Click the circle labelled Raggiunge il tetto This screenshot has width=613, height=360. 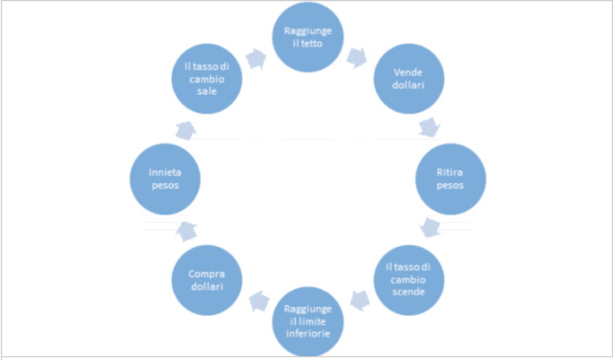[308, 37]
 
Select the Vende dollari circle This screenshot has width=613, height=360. [409, 79]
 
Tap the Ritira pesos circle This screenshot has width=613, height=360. [450, 179]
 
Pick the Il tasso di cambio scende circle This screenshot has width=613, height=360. [409, 279]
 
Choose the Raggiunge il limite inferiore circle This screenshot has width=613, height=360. [308, 321]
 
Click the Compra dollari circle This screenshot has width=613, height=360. [207, 279]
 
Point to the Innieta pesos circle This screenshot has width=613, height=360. [165, 179]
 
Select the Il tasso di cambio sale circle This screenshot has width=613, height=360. [207, 79]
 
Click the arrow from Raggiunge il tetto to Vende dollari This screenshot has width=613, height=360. [357, 58]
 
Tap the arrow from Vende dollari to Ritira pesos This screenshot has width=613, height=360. [430, 127]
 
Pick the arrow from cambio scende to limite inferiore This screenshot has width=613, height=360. [360, 300]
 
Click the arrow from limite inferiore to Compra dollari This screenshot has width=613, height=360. [257, 302]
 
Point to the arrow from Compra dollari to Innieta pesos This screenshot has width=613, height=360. [186, 230]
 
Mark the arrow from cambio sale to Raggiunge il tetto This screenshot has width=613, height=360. [255, 58]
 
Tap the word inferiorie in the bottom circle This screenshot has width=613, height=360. [308, 332]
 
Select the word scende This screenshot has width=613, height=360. [409, 291]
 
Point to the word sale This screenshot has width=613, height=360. [207, 91]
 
